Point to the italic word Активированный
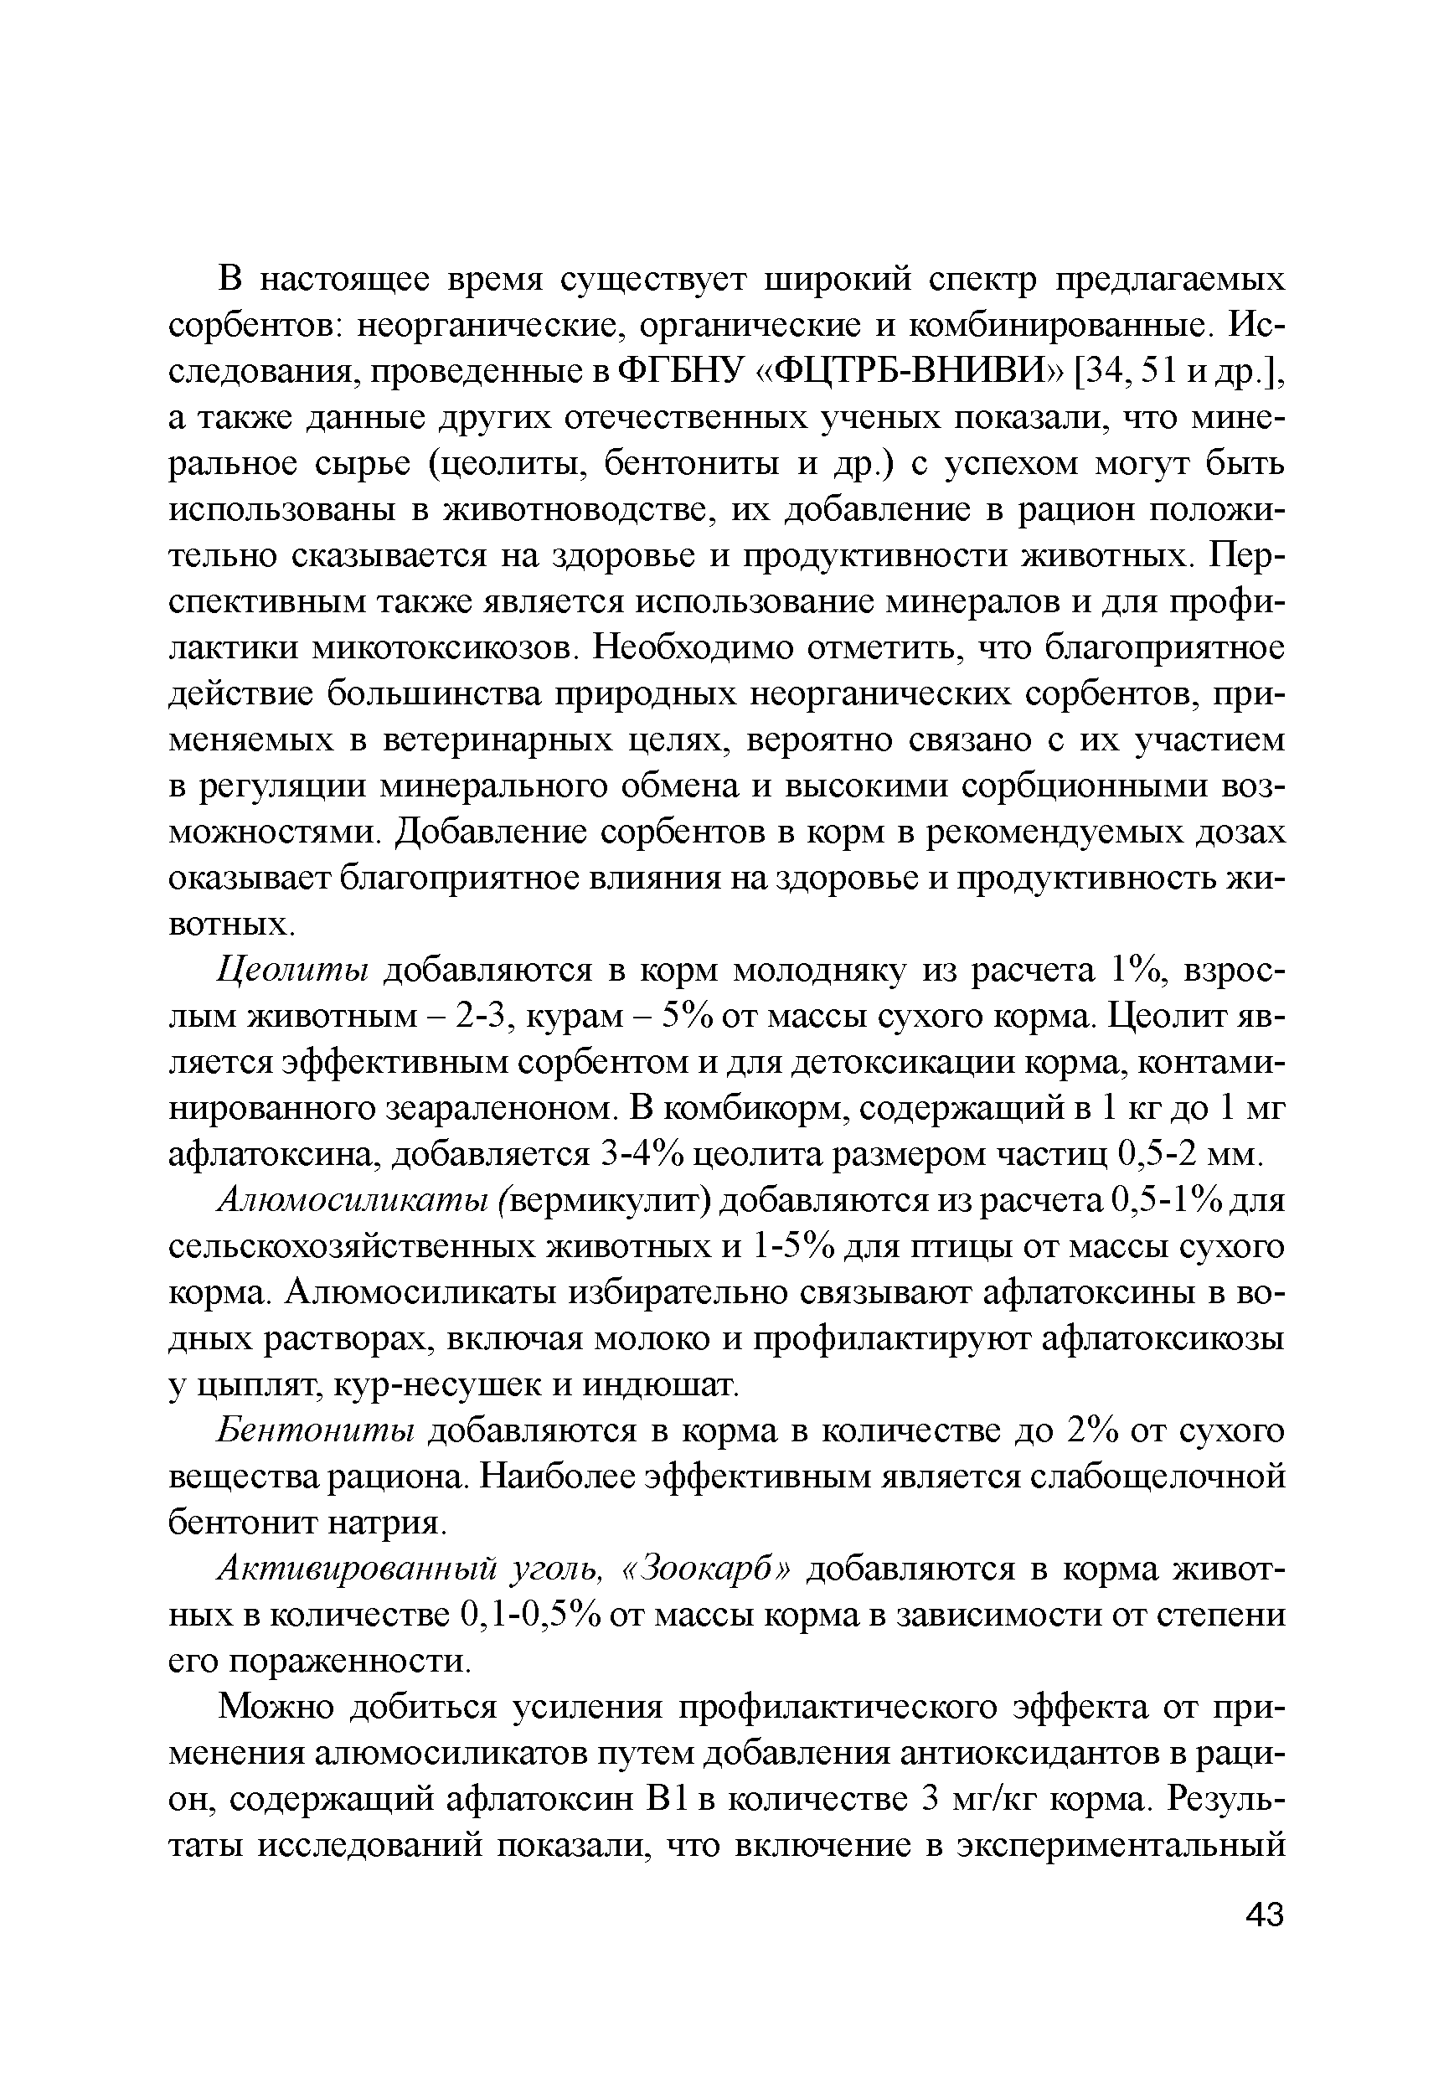(358, 1569)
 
